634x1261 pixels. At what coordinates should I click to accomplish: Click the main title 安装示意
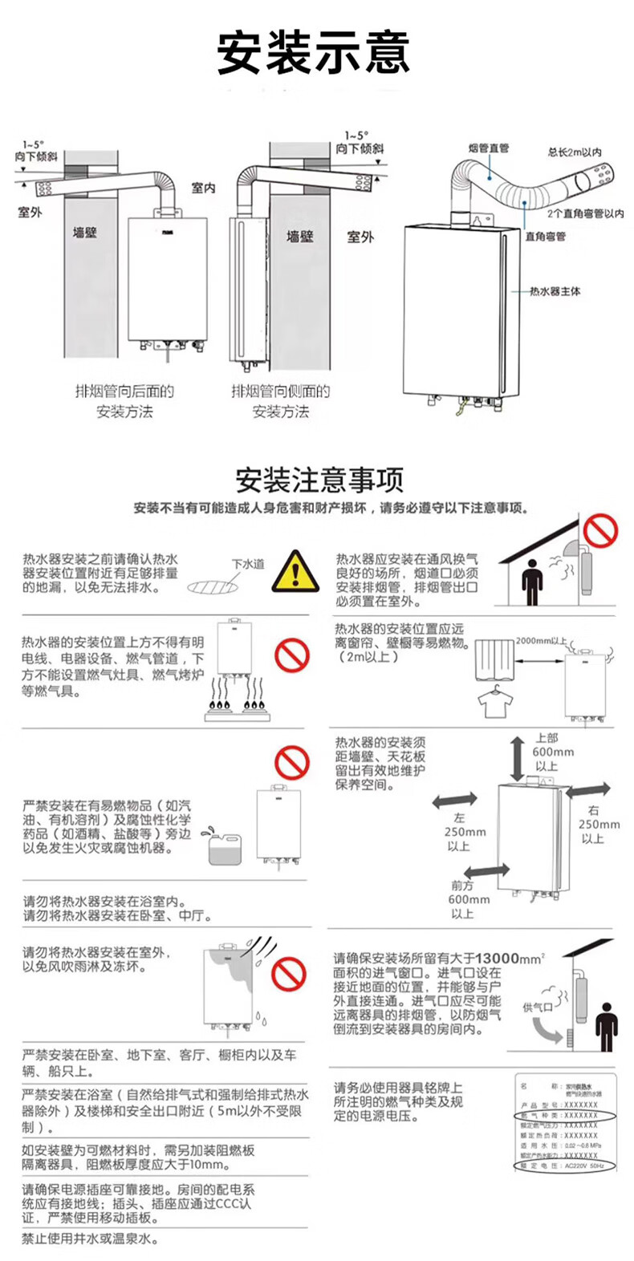pos(313,54)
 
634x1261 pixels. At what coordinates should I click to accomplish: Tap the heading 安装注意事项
pos(319,480)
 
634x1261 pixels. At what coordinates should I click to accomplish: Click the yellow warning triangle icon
pos(295,572)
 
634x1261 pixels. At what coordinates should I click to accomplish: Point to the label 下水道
pos(248,564)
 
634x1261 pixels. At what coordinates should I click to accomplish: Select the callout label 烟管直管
pos(489,148)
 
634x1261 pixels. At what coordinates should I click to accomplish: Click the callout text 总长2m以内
pos(575,152)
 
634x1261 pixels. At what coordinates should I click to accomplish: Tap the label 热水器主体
pos(555,291)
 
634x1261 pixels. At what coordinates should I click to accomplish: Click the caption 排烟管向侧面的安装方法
pos(280,401)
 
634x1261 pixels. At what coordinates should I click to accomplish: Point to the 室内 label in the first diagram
pos(203,188)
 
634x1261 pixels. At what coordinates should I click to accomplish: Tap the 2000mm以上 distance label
pos(541,641)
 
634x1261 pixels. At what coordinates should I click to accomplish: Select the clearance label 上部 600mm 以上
pos(551,752)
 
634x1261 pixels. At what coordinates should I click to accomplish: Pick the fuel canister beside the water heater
pos(225,847)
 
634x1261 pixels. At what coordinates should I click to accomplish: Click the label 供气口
pos(537,1007)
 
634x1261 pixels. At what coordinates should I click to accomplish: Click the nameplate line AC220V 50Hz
pos(583,1166)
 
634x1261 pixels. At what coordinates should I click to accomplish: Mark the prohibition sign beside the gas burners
pos(291,655)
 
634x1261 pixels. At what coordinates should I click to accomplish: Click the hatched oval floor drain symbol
pos(213,587)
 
